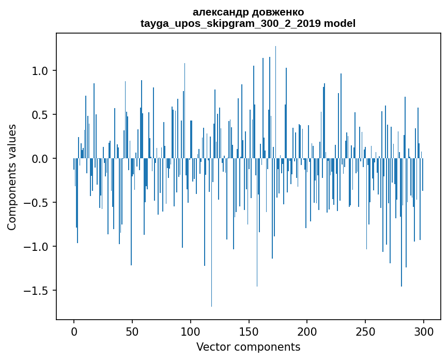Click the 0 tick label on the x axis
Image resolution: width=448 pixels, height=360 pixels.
pyautogui.click(x=74, y=331)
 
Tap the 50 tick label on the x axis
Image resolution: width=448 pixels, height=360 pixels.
pyautogui.click(x=132, y=331)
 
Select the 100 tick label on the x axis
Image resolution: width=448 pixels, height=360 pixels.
pyautogui.click(x=191, y=331)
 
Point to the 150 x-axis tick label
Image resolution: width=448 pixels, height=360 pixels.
pyautogui.click(x=249, y=331)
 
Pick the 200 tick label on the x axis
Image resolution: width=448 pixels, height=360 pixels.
pyautogui.click(x=307, y=331)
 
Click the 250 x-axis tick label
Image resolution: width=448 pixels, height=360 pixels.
pyautogui.click(x=366, y=331)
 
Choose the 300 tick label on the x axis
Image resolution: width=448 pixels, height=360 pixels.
pyautogui.click(x=424, y=331)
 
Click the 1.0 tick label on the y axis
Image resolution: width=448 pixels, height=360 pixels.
pyautogui.click(x=41, y=71)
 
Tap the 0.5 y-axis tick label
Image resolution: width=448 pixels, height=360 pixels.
pyautogui.click(x=41, y=115)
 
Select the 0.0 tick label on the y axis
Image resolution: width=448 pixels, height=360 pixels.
pyautogui.click(x=41, y=159)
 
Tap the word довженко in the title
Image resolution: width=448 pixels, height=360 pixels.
pyautogui.click(x=274, y=12)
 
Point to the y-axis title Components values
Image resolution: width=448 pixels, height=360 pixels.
pyautogui.click(x=12, y=177)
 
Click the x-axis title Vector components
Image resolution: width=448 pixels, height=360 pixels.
pyautogui.click(x=248, y=347)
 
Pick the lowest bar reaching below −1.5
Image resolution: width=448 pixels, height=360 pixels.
pyautogui.click(x=211, y=305)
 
